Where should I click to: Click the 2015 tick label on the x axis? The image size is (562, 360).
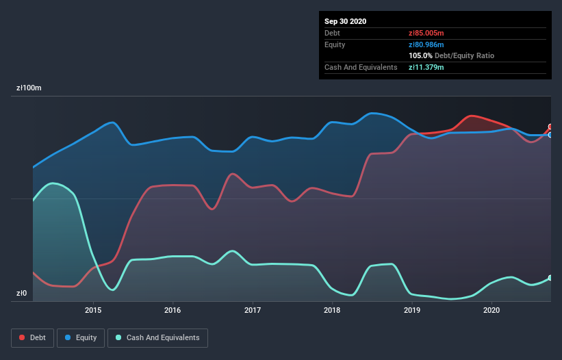93,310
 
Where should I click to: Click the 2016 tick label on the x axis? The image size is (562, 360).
173,310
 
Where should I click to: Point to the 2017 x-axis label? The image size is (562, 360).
253,310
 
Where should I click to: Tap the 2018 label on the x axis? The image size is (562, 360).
332,310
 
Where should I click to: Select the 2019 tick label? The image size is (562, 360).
412,310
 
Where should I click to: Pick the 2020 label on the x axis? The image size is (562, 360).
491,310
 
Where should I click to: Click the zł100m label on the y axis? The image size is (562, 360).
29,88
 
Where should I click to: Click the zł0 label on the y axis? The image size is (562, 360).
22,294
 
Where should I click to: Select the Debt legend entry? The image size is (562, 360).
31,337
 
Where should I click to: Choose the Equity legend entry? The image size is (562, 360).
81,337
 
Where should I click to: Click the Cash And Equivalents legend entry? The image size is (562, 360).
157,337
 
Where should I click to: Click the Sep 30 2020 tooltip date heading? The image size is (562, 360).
346,21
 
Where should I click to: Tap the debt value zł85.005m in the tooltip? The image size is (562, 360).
426,33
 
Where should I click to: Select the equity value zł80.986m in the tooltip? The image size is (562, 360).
426,44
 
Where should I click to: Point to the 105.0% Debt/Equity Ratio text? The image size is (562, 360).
451,55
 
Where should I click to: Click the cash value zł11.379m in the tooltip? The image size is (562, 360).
426,67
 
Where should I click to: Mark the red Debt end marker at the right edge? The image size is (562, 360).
550,127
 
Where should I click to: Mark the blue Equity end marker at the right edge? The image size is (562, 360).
550,135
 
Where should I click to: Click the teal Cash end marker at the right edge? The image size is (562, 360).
550,278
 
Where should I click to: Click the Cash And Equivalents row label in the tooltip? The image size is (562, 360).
361,67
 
